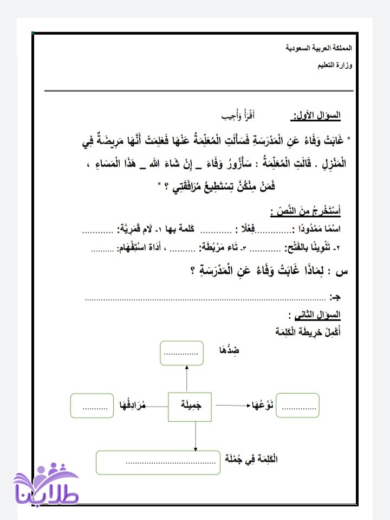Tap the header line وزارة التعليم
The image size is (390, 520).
click(x=334, y=66)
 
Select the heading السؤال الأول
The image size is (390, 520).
click(x=317, y=115)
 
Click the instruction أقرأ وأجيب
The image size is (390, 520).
click(x=239, y=116)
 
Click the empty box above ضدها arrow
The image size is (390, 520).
click(x=181, y=353)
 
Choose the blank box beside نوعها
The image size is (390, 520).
click(x=297, y=406)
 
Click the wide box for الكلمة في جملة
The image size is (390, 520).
click(x=158, y=462)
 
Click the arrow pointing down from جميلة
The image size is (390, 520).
click(x=194, y=435)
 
